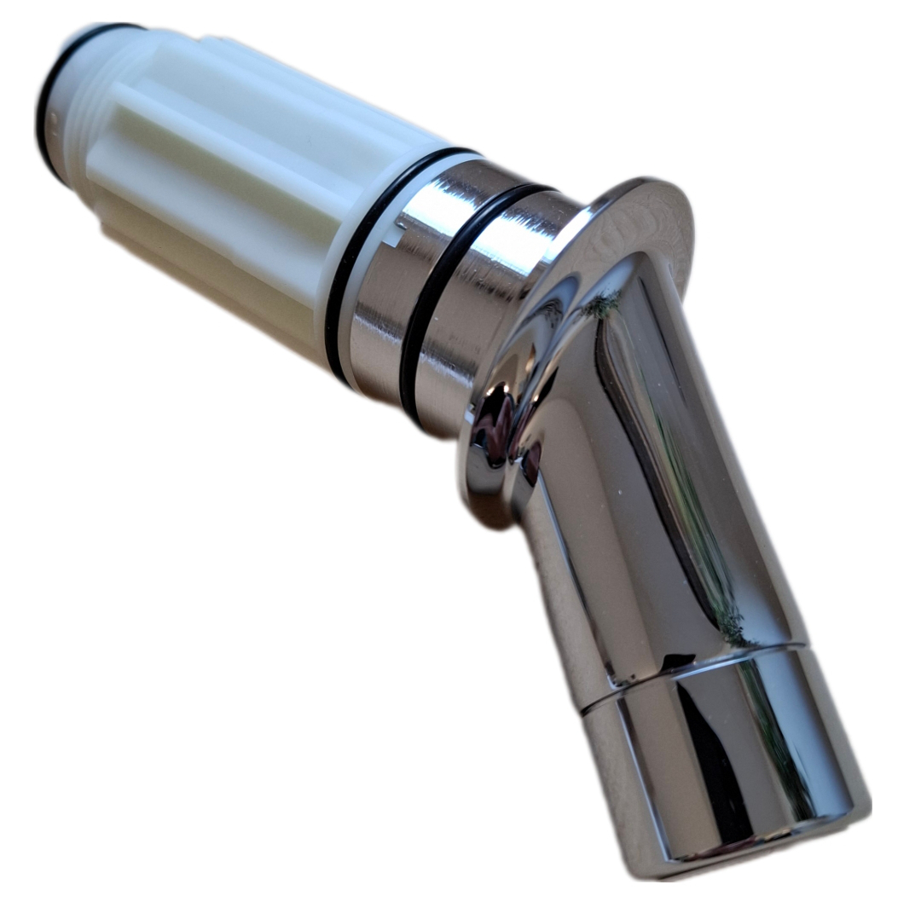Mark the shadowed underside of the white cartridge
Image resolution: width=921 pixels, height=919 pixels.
[213, 281]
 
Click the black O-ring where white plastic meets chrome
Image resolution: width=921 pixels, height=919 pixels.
[350, 256]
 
